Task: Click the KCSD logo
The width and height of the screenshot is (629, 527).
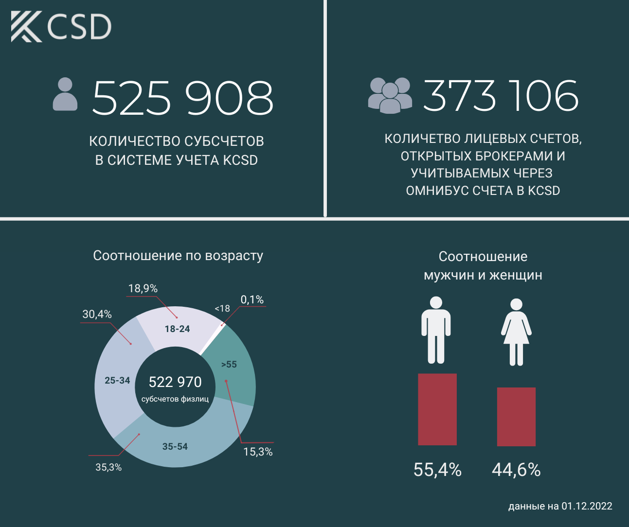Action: tap(61, 27)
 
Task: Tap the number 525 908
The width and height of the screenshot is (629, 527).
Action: tap(183, 98)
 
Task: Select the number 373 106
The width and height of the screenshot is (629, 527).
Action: tap(501, 95)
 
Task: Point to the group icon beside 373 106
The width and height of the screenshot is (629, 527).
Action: tap(390, 95)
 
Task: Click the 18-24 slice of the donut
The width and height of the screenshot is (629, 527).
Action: tap(177, 329)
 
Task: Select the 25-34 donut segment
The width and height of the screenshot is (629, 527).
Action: tap(117, 380)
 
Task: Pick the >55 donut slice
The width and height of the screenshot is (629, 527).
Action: tap(229, 364)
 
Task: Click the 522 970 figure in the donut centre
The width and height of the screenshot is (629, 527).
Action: tap(175, 382)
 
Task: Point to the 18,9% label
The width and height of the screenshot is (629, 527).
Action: tap(143, 288)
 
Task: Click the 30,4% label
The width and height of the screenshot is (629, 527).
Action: tap(97, 314)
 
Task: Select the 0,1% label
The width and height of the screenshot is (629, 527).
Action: tap(252, 299)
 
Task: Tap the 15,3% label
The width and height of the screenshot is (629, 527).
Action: tap(258, 452)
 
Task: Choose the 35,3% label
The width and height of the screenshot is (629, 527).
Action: tap(108, 467)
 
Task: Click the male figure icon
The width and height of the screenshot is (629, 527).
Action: tap(436, 330)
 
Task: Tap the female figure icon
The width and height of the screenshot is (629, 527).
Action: tap(516, 332)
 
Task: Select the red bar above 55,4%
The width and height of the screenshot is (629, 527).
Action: tap(437, 409)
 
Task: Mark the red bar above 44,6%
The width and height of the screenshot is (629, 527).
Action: tap(516, 416)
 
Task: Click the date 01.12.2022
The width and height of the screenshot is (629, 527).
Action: tap(587, 506)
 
